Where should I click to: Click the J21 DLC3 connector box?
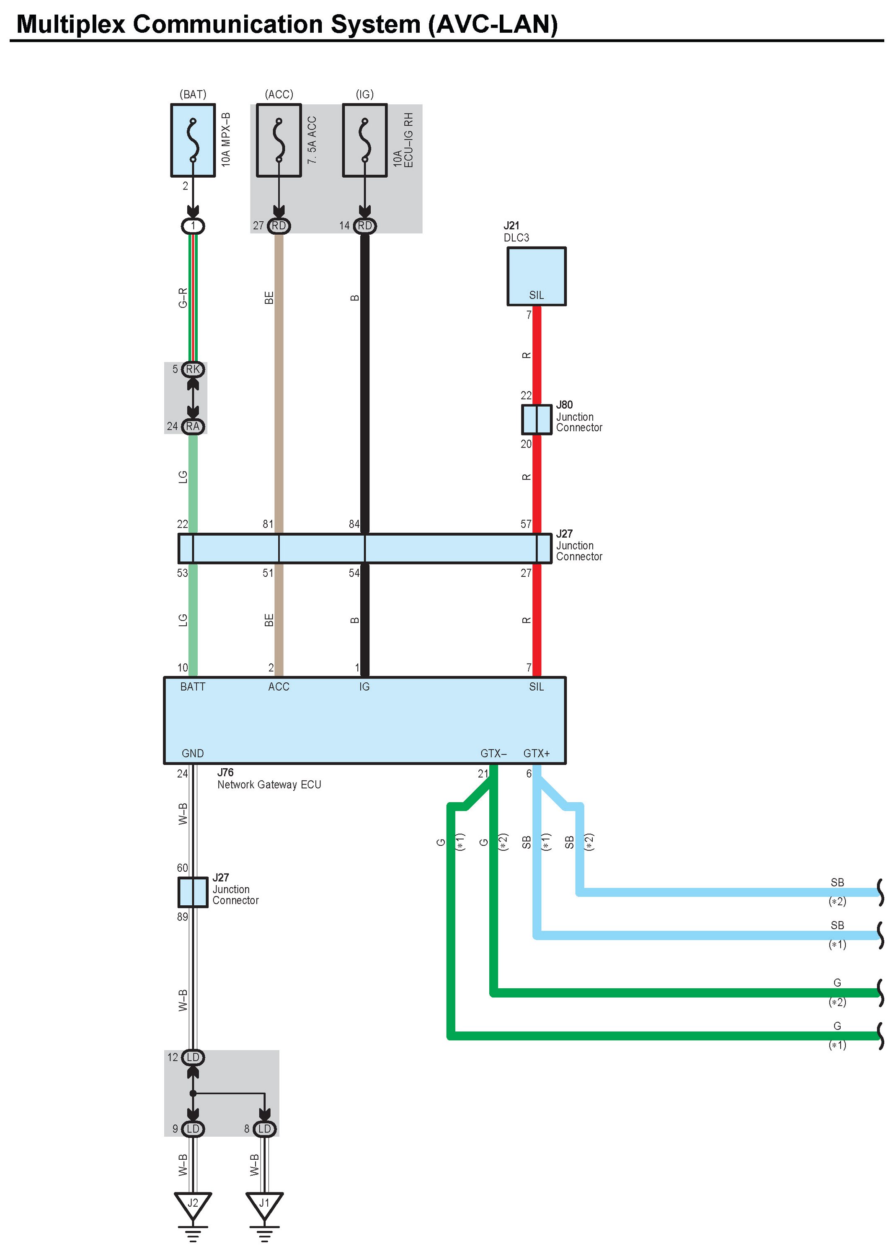(536, 275)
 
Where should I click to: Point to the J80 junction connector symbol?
(536, 420)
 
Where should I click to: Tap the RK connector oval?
(193, 369)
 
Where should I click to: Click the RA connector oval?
(193, 426)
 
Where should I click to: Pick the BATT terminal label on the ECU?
(193, 687)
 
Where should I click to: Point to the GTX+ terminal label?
(536, 754)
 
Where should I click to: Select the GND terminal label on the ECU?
(193, 754)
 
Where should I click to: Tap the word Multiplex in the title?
(71, 24)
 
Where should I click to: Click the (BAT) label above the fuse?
(193, 94)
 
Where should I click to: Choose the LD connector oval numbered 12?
(193, 1057)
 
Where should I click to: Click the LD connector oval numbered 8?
(264, 1129)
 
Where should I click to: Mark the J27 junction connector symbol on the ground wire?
(193, 892)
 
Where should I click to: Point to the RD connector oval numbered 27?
(279, 226)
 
